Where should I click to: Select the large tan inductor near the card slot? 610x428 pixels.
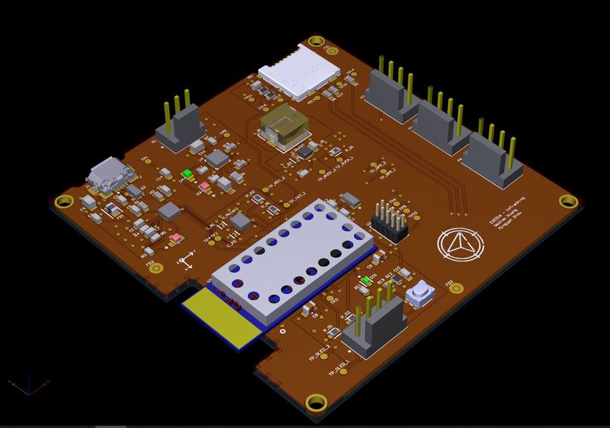282,127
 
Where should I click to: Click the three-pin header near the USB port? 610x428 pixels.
177,129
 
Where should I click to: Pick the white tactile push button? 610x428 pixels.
419,292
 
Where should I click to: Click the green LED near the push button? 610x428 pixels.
366,281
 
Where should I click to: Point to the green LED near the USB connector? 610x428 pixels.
187,174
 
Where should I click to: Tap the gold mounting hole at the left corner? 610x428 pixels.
64,201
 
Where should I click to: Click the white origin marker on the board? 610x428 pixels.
185,261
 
